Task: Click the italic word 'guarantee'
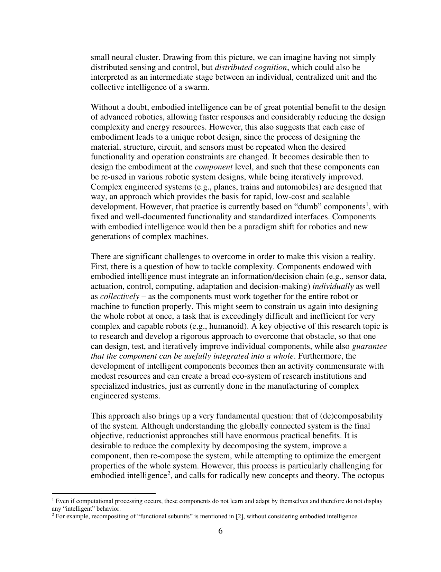[369, 346]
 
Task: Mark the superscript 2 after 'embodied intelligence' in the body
[169, 473]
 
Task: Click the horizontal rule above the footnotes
[104, 493]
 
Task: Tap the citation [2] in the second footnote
[239, 517]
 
